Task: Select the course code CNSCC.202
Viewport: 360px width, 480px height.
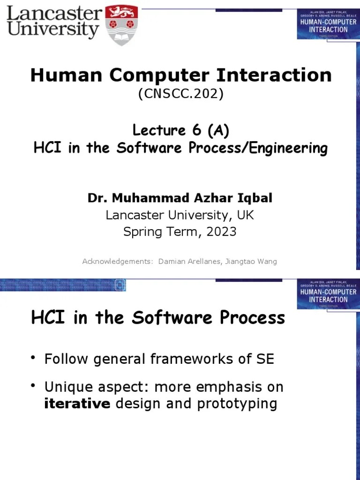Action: coord(180,94)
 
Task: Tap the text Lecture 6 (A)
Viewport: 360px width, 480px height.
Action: coord(180,130)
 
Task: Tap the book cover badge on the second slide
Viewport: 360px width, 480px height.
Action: coord(328,292)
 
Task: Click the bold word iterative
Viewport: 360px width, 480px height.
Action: coord(77,404)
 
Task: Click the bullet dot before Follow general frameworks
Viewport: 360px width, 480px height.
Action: coord(34,359)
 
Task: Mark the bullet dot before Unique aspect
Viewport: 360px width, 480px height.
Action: coord(34,386)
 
